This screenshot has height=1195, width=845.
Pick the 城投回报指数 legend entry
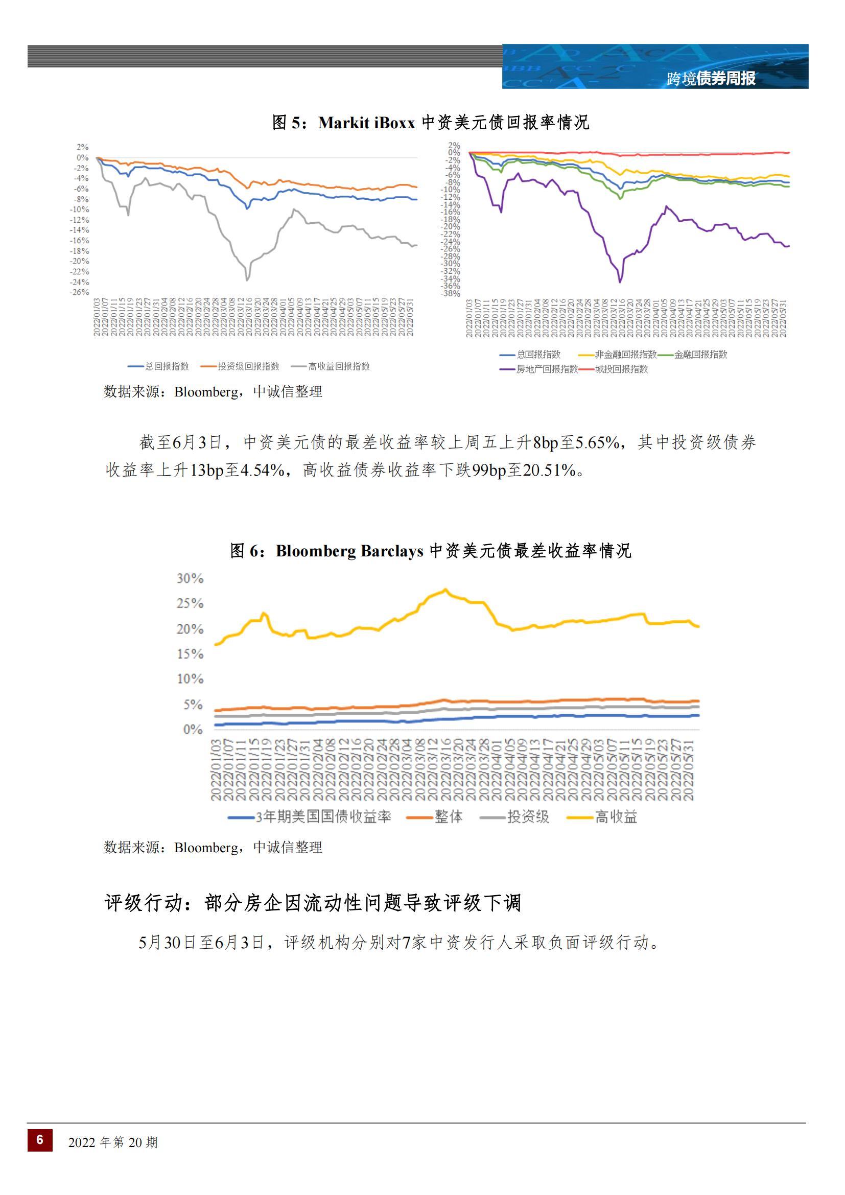621,369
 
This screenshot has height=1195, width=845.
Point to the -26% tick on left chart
80,292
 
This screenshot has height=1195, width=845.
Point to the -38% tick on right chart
451,294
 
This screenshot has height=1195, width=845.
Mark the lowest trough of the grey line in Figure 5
247,280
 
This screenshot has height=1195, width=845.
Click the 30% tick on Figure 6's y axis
190,578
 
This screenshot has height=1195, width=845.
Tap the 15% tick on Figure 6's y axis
190,654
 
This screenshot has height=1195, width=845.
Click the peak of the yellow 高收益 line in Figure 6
445,590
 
